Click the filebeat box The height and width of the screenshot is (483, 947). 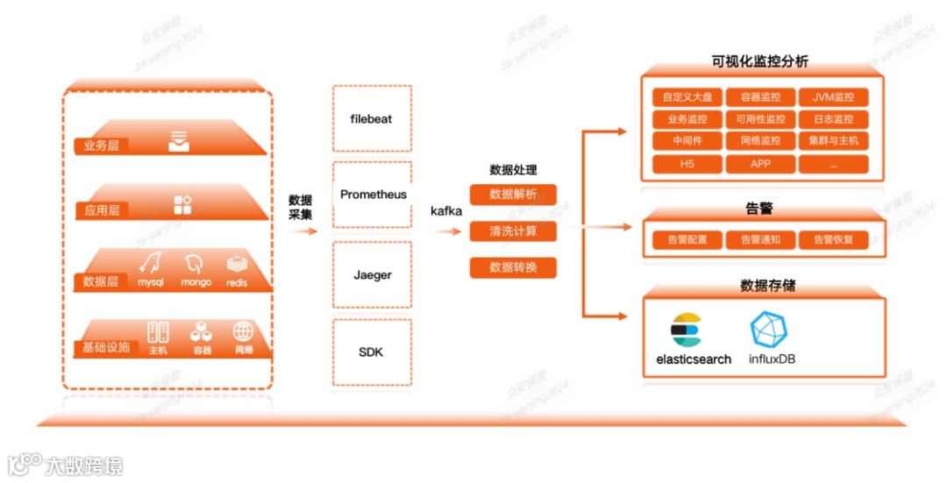(x=372, y=117)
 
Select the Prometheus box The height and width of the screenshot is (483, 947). (x=372, y=195)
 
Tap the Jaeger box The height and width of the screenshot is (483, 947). (x=372, y=275)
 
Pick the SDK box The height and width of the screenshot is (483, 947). (x=372, y=352)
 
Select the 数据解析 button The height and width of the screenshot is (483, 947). (x=513, y=195)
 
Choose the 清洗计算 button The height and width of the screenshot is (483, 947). (x=513, y=231)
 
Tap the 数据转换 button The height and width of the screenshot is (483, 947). (x=513, y=267)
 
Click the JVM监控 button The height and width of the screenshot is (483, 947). (x=833, y=97)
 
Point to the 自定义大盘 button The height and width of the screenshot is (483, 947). (x=687, y=97)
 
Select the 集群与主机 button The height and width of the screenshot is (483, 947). (x=833, y=141)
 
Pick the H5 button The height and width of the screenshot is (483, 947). (x=687, y=164)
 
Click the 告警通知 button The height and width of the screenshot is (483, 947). (x=760, y=239)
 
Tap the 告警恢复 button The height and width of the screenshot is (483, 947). (x=833, y=239)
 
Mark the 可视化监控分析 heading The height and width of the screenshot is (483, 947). (x=760, y=61)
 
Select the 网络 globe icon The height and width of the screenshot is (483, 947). (x=243, y=332)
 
